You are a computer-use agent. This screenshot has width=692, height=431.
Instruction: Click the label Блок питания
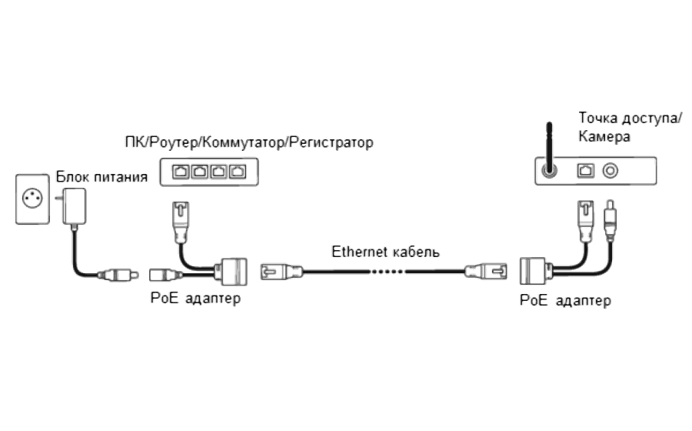101,177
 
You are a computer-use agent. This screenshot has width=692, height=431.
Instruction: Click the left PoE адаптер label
195,298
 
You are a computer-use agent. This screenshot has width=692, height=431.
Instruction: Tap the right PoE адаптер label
565,300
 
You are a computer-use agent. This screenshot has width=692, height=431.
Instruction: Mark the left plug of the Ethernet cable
281,270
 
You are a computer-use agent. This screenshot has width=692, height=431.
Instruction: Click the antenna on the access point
548,148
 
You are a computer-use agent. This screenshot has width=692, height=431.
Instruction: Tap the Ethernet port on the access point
587,169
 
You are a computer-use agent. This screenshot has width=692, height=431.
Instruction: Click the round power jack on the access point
611,169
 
